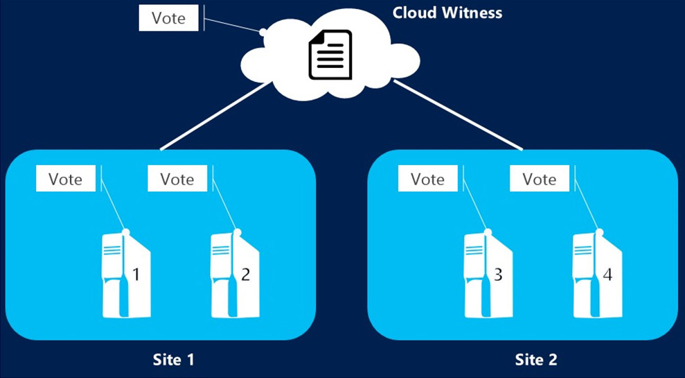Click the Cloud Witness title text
[x=447, y=12]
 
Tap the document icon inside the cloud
[x=330, y=55]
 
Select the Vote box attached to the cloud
[x=168, y=18]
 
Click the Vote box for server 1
[x=66, y=179]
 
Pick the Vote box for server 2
[x=177, y=179]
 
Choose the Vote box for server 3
[x=427, y=179]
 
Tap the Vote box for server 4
[x=540, y=179]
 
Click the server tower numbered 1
[x=127, y=275]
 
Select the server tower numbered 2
[x=235, y=275]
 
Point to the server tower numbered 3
[x=488, y=275]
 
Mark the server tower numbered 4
[x=598, y=275]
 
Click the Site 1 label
[x=173, y=360]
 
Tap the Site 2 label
[x=536, y=360]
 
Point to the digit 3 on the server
[x=498, y=275]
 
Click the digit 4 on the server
[x=607, y=275]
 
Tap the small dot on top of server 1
[x=127, y=232]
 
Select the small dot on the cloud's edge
[x=263, y=32]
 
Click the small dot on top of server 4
[x=600, y=232]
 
